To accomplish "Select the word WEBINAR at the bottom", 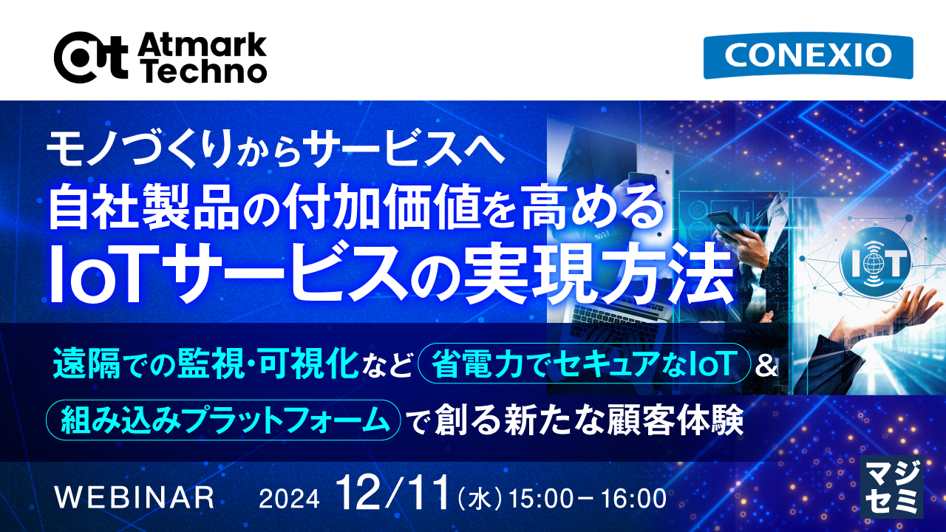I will point(135,497).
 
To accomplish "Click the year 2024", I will point(289,499).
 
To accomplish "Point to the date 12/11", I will point(392,493).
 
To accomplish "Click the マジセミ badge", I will point(893,485).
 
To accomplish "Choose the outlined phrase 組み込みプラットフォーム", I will point(223,420).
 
